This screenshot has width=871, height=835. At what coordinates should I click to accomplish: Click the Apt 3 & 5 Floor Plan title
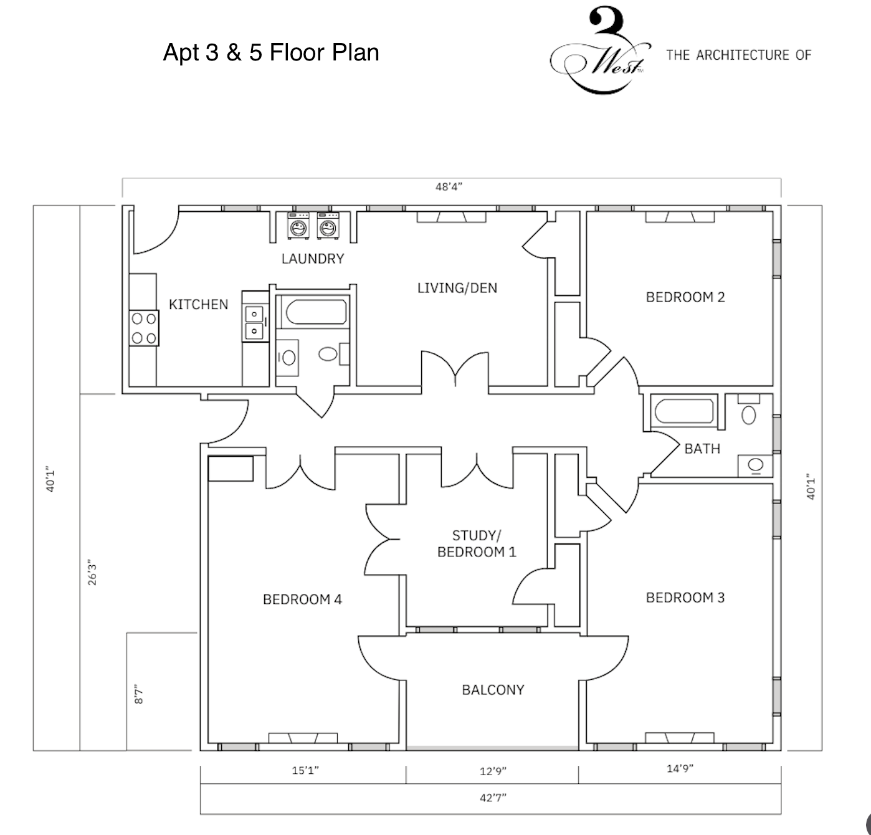tap(271, 52)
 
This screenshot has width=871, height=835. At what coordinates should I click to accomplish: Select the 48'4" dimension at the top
tap(449, 186)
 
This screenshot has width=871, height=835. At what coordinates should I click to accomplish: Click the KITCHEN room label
tap(198, 305)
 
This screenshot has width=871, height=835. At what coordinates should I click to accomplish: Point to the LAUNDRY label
tap(313, 259)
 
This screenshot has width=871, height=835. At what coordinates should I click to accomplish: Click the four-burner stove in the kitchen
tap(143, 328)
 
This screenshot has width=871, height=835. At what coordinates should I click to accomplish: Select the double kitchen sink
tap(254, 322)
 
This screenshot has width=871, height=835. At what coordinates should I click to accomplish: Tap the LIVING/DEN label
tap(457, 288)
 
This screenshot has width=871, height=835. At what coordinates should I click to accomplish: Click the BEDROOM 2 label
tap(685, 297)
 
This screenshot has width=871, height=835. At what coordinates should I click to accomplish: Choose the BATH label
tap(702, 449)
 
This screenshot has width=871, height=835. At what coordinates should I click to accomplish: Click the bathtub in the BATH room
tap(683, 412)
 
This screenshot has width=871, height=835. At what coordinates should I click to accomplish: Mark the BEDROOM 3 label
tap(685, 598)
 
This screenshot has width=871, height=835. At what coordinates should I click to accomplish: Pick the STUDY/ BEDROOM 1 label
tap(477, 544)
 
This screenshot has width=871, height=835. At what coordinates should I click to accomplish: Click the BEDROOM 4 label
tap(302, 599)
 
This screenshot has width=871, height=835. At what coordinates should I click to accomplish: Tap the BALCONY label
tap(493, 690)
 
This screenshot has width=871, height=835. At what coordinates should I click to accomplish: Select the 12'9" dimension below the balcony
tap(493, 771)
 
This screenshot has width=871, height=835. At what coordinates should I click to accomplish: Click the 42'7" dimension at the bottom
tap(493, 798)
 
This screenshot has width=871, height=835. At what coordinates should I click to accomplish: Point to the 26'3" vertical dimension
tap(93, 573)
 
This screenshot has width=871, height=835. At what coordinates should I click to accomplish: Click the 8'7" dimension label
tap(140, 695)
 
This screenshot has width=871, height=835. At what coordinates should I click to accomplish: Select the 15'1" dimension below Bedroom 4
tap(305, 771)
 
